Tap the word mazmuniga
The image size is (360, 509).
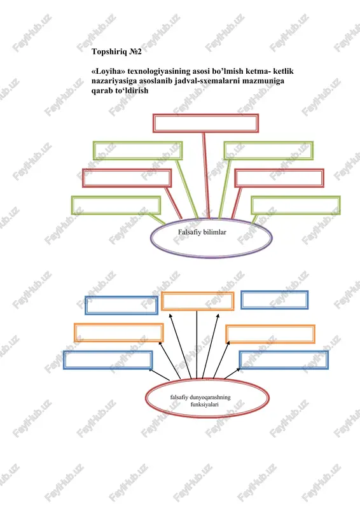(x=263, y=81)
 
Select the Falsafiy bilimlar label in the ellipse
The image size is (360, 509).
(x=202, y=232)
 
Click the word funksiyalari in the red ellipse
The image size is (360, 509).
(x=205, y=405)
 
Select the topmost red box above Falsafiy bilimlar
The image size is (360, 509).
(x=206, y=123)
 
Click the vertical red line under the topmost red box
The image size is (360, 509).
(x=206, y=176)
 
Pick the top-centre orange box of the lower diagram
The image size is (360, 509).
(x=197, y=301)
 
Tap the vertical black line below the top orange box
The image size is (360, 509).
(x=197, y=344)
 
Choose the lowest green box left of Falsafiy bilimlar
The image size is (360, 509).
(x=116, y=205)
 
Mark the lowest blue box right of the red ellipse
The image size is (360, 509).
(x=284, y=359)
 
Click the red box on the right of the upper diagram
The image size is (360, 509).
(x=279, y=178)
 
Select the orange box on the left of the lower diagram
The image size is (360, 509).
(x=119, y=332)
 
